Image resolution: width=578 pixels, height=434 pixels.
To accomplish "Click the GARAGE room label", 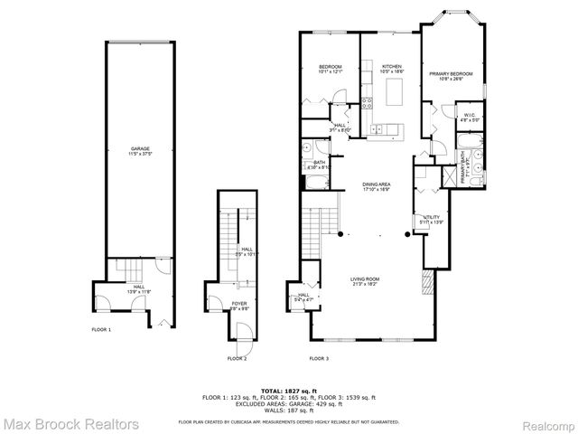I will pos(139,149).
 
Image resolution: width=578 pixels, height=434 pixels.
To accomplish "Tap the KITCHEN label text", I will pos(391,67).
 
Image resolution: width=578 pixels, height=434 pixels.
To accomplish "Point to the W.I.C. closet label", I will pos(470,116).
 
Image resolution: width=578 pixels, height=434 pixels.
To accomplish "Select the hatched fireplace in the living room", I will pos(426,287).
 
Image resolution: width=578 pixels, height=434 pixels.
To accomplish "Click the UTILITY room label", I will pos(432,218).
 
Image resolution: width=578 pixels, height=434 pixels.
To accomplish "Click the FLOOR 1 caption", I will pos(100,330).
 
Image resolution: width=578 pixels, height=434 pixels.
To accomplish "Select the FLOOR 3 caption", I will pos(319,359).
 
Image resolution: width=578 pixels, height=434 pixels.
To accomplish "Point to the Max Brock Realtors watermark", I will pos(70,423).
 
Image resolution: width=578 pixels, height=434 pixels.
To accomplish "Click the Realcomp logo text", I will pos(547,423).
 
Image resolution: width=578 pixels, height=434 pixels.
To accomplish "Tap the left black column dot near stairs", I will pos(340,234).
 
